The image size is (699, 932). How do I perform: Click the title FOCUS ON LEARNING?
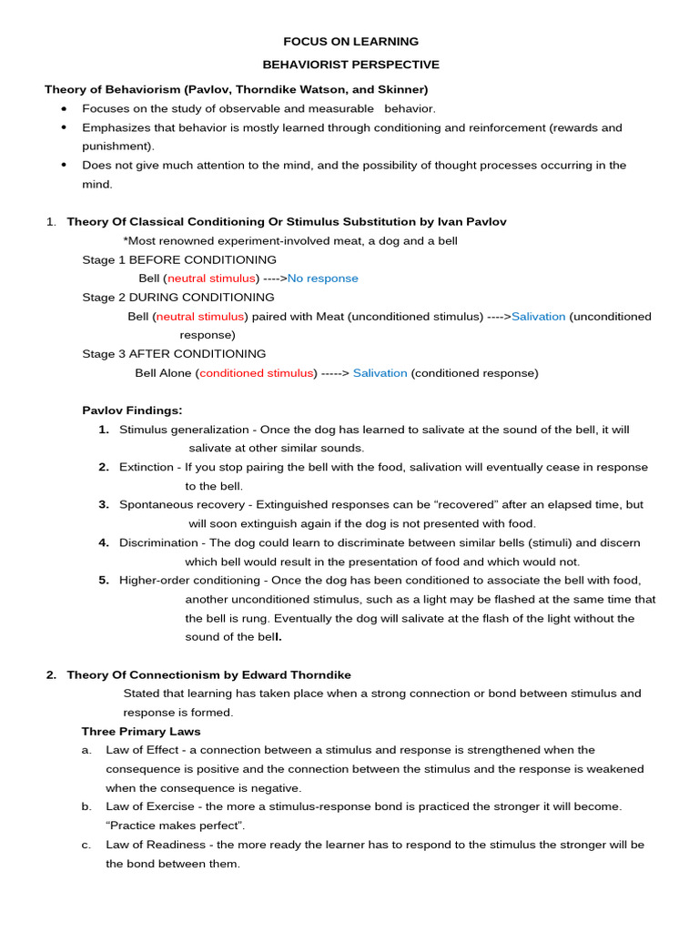pos(350,41)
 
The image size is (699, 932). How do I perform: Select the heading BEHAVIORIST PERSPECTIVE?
pos(350,65)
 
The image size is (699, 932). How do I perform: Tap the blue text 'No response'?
pos(322,279)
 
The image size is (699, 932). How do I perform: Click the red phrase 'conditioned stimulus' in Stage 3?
pos(256,373)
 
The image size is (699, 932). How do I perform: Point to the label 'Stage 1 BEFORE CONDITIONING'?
pos(179,259)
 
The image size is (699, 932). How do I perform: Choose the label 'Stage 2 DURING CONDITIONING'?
pos(177,298)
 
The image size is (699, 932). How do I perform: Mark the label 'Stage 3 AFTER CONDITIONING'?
pos(174,354)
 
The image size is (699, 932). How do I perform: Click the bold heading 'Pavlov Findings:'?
pos(132,410)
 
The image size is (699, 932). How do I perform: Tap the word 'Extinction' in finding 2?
pos(147,467)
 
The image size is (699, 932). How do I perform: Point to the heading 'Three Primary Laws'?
pos(141,732)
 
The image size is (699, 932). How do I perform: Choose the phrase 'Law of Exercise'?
pos(149,806)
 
